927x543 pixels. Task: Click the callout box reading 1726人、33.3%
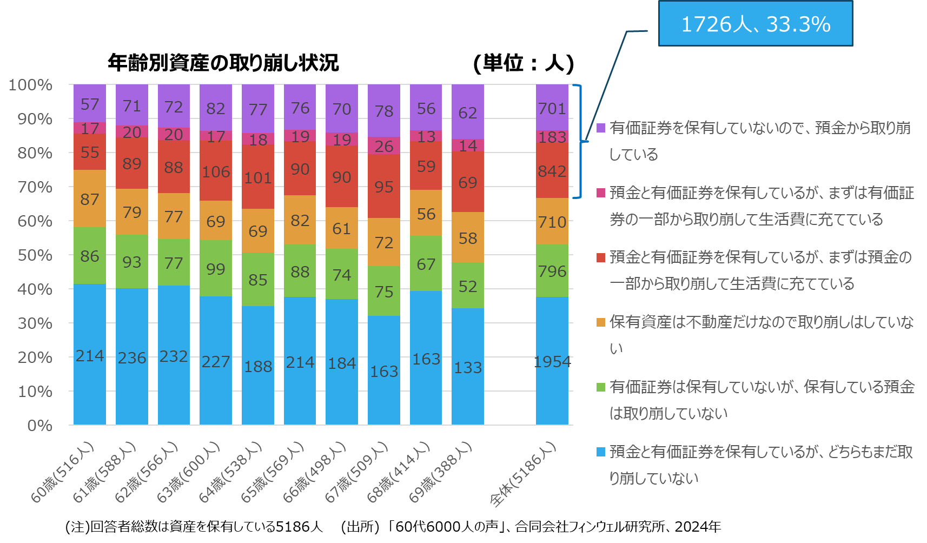tap(755, 24)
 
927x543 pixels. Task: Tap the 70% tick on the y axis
tap(35, 187)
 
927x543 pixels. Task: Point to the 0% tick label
tap(40, 426)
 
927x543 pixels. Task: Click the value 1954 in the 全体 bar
tap(552, 362)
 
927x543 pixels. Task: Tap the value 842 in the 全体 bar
tap(552, 171)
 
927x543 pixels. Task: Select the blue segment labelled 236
tap(131, 357)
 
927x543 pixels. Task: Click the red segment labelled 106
tap(216, 171)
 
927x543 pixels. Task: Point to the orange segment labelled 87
tap(90, 199)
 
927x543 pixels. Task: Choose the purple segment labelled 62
tap(468, 112)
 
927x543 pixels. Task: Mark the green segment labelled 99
tap(216, 269)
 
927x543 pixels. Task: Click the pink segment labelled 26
tap(384, 146)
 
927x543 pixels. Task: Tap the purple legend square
tap(601, 128)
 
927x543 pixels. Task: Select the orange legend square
tap(601, 322)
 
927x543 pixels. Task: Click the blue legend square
tap(601, 452)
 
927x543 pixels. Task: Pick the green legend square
tap(601, 387)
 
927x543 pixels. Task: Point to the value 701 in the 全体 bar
tap(552, 109)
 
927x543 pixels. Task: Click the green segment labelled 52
tap(468, 286)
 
